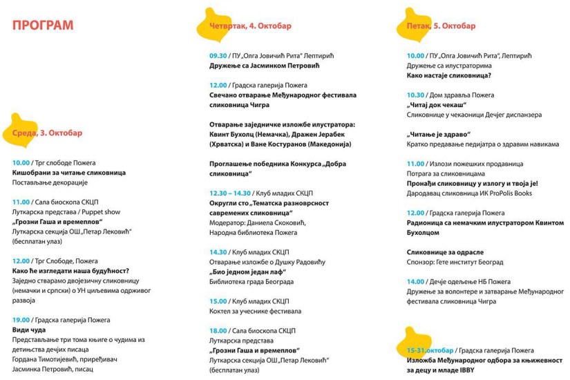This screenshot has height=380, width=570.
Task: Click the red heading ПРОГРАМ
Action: [43, 26]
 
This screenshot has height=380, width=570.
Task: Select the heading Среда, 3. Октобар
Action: [47, 133]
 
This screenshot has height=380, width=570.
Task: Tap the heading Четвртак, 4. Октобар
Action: [250, 26]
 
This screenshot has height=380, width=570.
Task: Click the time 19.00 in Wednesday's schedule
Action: [21, 320]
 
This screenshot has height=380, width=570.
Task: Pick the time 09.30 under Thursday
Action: [218, 55]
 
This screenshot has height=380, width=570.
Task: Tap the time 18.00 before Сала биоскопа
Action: [218, 331]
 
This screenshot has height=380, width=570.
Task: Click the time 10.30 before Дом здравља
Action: [416, 95]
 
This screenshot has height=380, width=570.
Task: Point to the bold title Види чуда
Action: [29, 330]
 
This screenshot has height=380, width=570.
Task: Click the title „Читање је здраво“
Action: [439, 134]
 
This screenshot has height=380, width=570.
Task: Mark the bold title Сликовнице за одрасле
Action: [445, 252]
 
